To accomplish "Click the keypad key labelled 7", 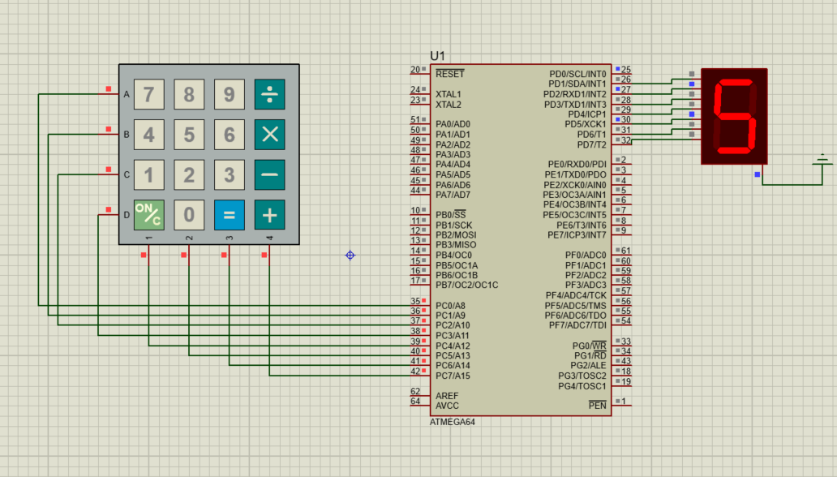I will click(x=148, y=94).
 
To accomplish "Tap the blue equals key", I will click(x=229, y=215).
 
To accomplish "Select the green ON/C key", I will click(x=148, y=215).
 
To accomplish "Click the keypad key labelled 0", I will click(x=189, y=215).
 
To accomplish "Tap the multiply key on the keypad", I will click(x=269, y=135).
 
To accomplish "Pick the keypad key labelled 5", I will click(x=189, y=135).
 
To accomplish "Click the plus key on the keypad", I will click(x=269, y=215).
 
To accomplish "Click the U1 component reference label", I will click(x=438, y=56).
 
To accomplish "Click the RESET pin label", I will click(x=450, y=74).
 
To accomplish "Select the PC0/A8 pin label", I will click(x=450, y=306).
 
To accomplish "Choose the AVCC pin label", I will click(x=448, y=406).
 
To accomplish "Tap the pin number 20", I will click(x=415, y=70).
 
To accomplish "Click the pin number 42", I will click(x=415, y=372).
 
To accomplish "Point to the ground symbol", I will click(x=823, y=161).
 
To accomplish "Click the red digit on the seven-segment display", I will click(x=734, y=116).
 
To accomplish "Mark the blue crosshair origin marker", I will click(x=350, y=255).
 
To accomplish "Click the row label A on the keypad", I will click(x=126, y=95).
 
